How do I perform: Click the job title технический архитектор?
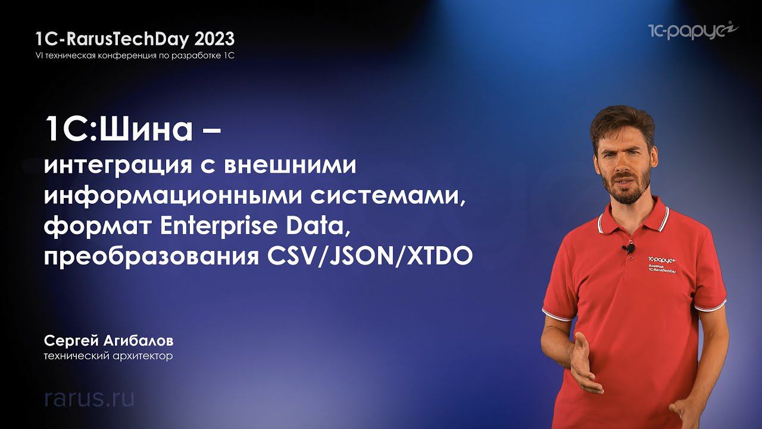tap(108, 357)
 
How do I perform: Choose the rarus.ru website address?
tap(89, 398)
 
